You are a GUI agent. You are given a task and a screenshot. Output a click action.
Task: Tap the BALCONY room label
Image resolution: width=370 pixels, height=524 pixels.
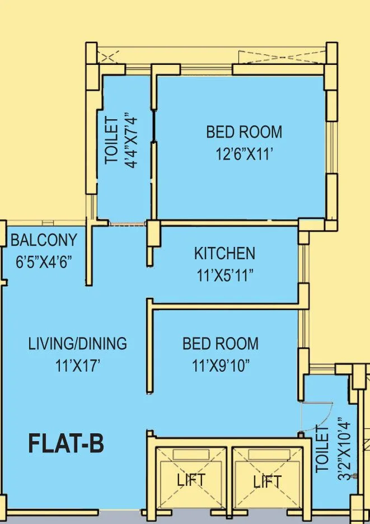coord(44,241)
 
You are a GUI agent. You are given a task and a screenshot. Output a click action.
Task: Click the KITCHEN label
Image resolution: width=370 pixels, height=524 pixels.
coord(224,254)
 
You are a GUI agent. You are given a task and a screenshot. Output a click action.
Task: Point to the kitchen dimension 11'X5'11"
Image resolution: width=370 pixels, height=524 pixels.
coord(224,275)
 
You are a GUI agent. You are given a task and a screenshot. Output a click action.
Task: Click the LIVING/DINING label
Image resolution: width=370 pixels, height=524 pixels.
coord(78,343)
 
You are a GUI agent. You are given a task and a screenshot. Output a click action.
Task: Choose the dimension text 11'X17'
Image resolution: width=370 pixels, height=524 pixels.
coord(78,366)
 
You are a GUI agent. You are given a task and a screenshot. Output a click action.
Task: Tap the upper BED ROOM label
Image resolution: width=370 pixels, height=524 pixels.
coord(244,133)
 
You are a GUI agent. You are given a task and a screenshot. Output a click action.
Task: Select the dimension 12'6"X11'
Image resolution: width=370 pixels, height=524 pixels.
coord(244,154)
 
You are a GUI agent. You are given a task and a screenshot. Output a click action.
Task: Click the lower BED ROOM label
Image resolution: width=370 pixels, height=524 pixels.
coord(221,343)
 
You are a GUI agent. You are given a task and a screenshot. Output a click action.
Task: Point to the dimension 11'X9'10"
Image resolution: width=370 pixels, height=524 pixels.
coord(221,366)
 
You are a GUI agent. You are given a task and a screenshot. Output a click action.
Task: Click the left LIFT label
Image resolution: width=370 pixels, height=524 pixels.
coord(191,480)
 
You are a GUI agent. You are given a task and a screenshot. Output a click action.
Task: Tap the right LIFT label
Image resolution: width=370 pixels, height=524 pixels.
coord(267,481)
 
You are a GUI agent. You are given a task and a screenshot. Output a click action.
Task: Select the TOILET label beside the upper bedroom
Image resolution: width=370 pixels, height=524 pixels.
coord(113,141)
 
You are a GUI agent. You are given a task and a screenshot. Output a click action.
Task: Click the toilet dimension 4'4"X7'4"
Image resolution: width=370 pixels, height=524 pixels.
coord(132,141)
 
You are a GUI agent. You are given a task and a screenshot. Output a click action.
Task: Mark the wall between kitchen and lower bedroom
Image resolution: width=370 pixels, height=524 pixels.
coord(227,306)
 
